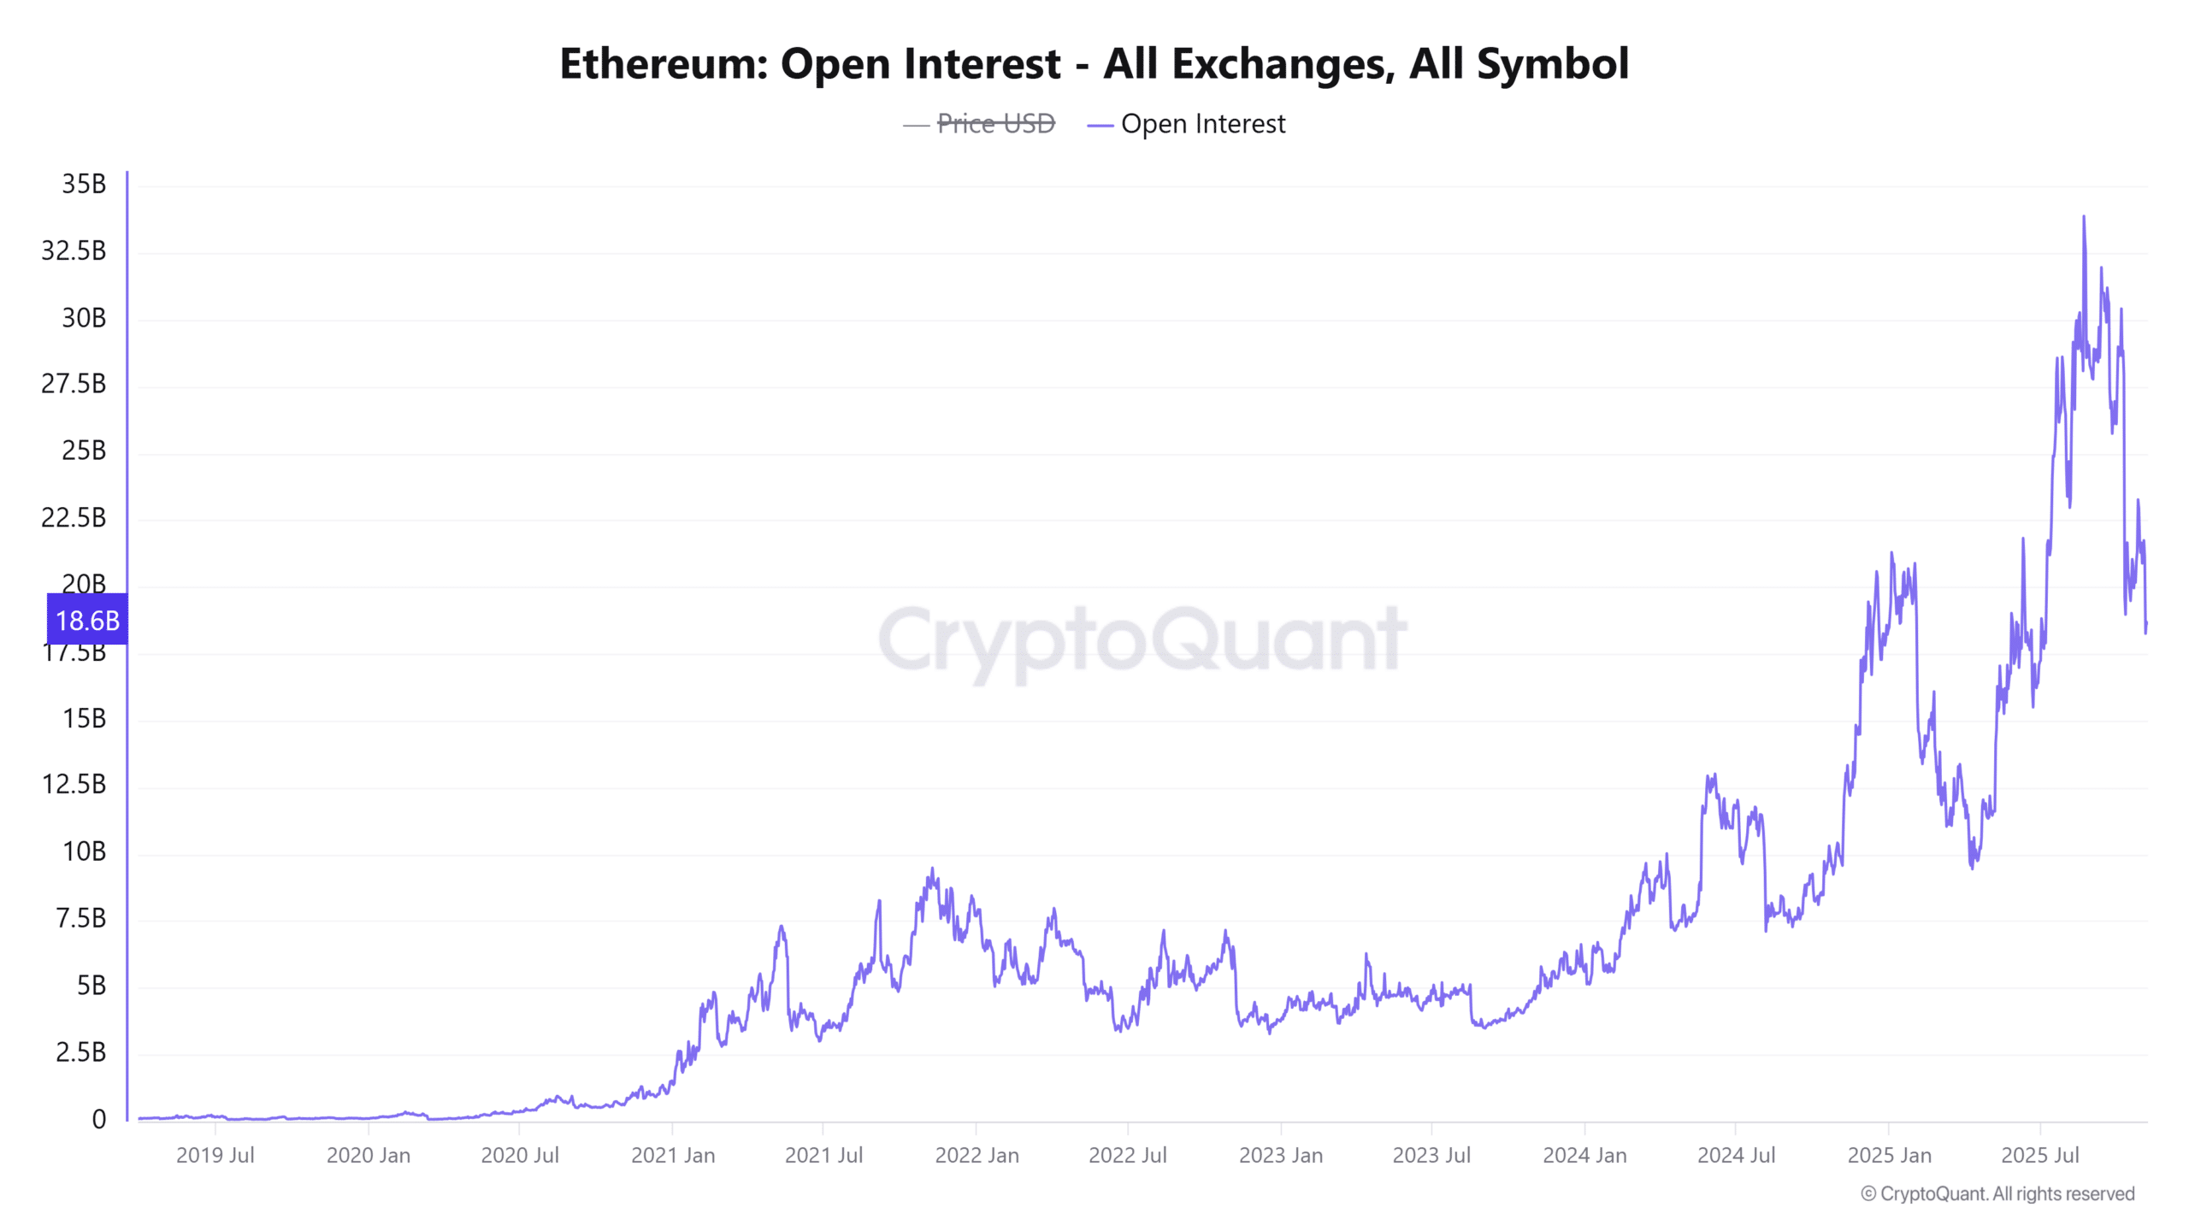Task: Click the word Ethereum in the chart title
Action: pos(664,64)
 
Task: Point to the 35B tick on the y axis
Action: pos(84,184)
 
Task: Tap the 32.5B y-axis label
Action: pos(74,250)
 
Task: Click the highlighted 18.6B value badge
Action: pos(87,621)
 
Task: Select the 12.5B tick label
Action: pos(74,784)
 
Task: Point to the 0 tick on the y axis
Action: pos(99,1119)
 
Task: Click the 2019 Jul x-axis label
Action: pos(215,1155)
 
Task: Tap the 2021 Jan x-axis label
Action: pos(673,1155)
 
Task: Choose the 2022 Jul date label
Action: pos(1127,1155)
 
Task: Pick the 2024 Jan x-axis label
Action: pos(1584,1155)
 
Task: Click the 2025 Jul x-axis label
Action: pos(2040,1155)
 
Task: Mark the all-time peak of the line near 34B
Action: pos(2083,217)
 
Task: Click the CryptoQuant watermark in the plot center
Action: pos(1142,639)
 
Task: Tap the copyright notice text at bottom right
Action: pos(1997,1193)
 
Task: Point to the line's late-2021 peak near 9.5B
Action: pos(932,869)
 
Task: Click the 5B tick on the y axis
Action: pos(91,986)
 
